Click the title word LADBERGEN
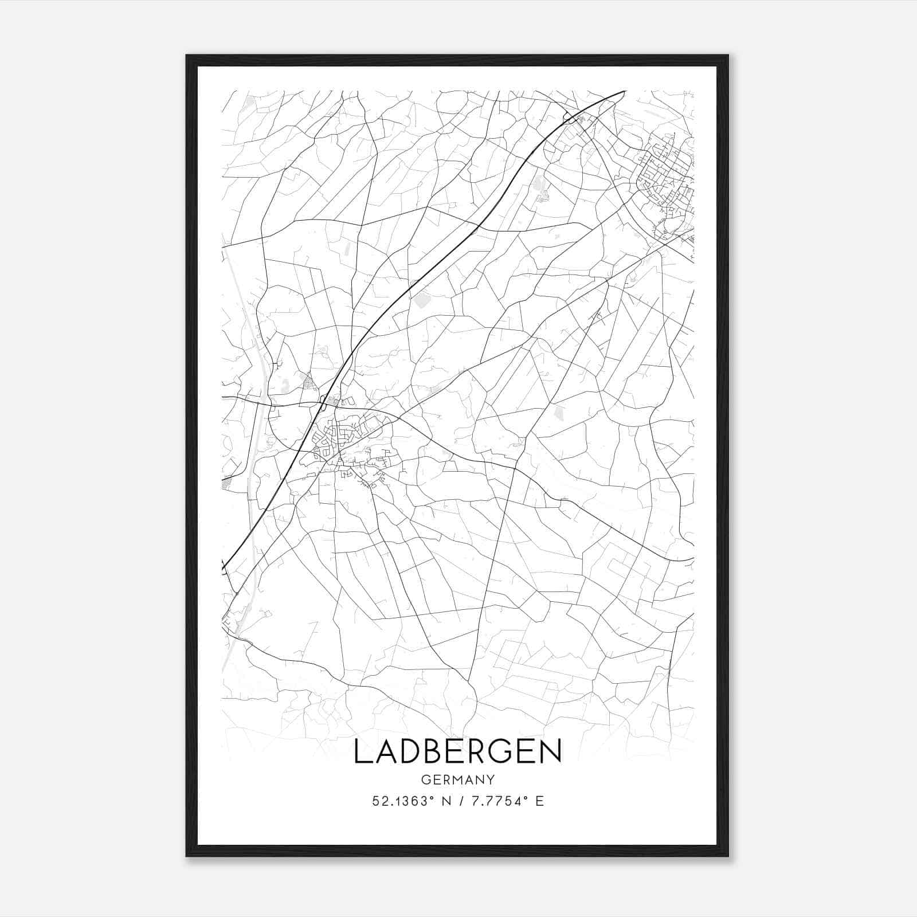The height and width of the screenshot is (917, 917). [457, 751]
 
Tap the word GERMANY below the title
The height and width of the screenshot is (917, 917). [457, 779]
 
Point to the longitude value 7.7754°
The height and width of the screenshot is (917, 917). [497, 801]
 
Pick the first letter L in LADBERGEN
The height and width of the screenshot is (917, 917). [361, 751]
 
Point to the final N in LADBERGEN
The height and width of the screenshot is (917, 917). [550, 751]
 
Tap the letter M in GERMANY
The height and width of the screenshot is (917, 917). [456, 779]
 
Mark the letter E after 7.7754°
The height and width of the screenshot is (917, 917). [539, 801]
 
